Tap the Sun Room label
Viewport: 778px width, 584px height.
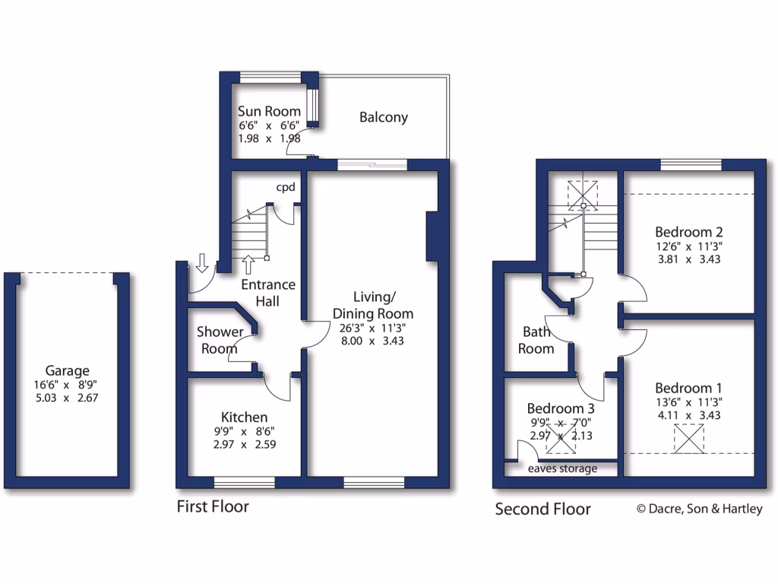click(269, 112)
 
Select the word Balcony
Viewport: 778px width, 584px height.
click(383, 117)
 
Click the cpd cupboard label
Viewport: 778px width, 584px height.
click(286, 186)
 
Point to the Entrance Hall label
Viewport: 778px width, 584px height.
click(267, 293)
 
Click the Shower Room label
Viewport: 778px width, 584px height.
click(220, 340)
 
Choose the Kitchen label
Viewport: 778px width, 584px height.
click(244, 417)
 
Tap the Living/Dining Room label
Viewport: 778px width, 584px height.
click(372, 304)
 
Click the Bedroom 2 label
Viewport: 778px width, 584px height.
click(688, 232)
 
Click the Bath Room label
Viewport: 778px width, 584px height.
click(537, 340)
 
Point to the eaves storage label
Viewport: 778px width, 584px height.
click(563, 468)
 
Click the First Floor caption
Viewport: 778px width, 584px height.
click(213, 506)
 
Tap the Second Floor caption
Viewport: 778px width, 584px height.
click(542, 509)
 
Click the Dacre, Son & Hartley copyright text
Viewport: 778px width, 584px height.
click(699, 509)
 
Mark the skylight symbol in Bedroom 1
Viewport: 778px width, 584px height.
click(689, 439)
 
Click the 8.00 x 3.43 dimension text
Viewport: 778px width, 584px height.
click(372, 341)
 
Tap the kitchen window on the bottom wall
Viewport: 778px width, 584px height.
click(244, 482)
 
